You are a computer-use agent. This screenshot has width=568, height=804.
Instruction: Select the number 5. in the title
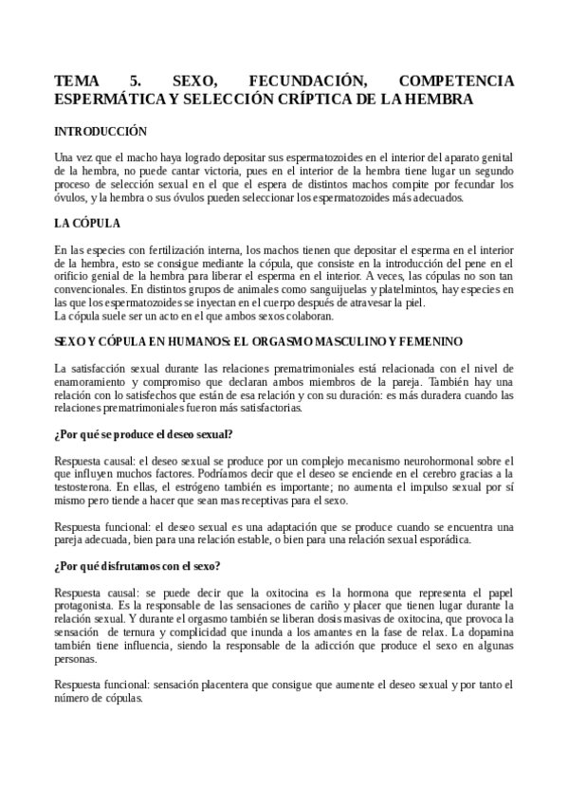click(x=133, y=81)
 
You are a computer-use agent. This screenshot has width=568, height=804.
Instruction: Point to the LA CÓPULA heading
click(x=87, y=224)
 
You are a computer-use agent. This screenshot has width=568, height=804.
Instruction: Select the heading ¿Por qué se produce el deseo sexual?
click(x=144, y=434)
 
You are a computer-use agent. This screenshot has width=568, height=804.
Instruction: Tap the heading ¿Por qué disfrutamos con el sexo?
click(x=138, y=566)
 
